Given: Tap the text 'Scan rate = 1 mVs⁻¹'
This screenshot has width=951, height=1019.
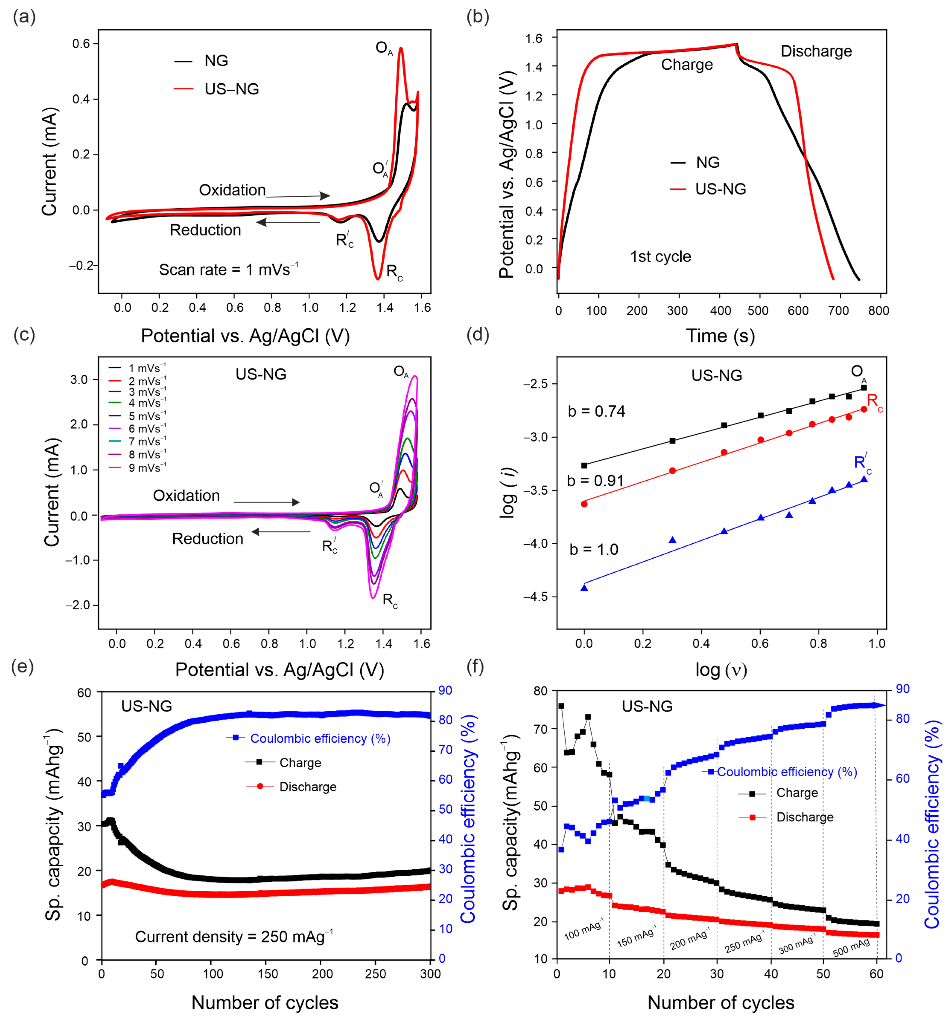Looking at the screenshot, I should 228,270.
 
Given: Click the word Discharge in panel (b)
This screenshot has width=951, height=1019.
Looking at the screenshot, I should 815,51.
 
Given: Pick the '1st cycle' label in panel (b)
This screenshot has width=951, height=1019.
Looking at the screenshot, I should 660,256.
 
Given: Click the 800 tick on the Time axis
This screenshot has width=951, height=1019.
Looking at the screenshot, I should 878,311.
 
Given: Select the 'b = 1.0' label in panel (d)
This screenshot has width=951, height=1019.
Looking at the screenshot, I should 594,549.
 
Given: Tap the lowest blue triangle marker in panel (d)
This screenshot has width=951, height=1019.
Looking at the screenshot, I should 584,587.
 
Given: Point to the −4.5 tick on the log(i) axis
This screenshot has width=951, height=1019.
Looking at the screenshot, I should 535,597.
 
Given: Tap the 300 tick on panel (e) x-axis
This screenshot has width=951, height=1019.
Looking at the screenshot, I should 430,974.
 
